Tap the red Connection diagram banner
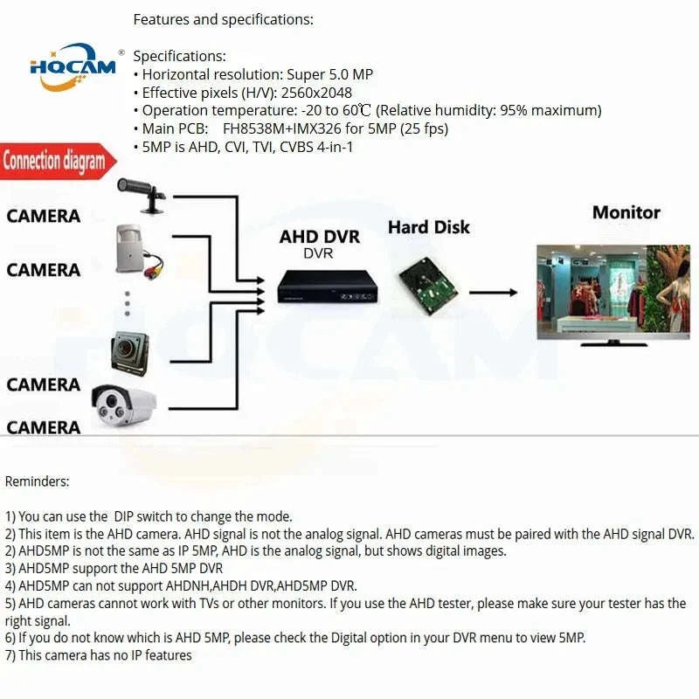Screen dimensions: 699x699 click(x=53, y=162)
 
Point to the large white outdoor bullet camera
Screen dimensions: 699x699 click(x=124, y=404)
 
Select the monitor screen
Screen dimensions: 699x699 click(x=612, y=290)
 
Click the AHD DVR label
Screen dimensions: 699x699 click(x=319, y=237)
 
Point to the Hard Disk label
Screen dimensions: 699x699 click(x=428, y=227)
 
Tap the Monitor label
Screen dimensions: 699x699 click(x=626, y=211)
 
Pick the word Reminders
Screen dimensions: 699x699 click(x=38, y=481)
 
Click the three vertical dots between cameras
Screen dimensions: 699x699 click(x=127, y=303)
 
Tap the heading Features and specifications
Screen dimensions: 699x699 click(x=223, y=19)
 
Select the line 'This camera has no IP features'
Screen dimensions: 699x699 click(x=105, y=654)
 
